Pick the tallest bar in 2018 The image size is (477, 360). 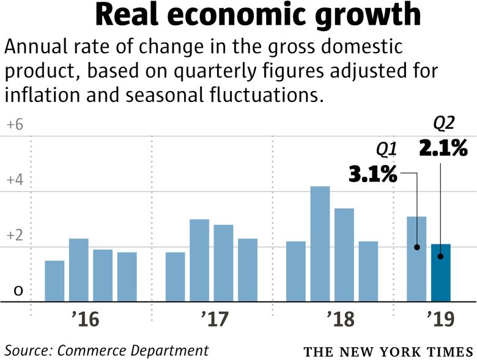[x=320, y=244]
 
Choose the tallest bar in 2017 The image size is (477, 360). [x=199, y=260]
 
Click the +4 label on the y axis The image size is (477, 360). [x=14, y=180]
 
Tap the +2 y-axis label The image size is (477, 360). [x=14, y=236]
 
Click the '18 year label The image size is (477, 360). [x=339, y=319]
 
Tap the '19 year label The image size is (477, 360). [x=440, y=319]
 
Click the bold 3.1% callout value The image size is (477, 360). [x=373, y=175]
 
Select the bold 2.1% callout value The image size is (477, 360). [x=443, y=147]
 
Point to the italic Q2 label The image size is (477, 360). [x=444, y=123]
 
